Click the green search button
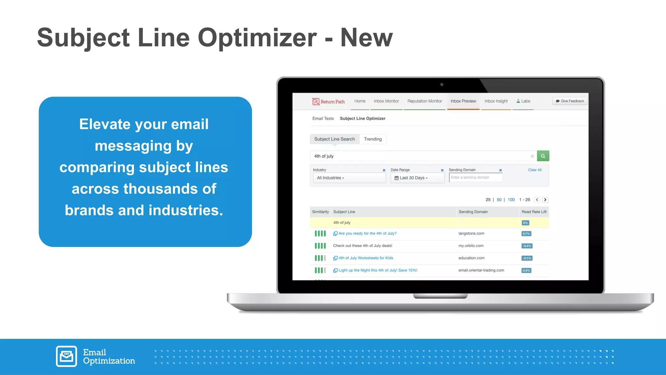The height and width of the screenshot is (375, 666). tap(543, 156)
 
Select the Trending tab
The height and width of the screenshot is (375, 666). tap(373, 139)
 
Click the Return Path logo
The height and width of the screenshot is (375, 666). tap(328, 102)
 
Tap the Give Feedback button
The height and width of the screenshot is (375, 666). tap(570, 101)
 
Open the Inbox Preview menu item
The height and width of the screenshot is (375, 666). tap(463, 101)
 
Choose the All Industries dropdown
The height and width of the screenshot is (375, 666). tap(349, 178)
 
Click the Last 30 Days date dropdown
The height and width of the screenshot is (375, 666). tap(417, 178)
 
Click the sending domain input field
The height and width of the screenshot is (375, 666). tap(475, 177)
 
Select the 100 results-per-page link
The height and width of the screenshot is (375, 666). tap(511, 200)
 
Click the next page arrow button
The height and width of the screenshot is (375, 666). tap(545, 200)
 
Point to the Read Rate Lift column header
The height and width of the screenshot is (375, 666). tap(534, 212)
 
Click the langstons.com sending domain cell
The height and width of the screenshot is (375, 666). tap(471, 233)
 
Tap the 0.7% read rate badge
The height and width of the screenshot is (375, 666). tap(526, 234)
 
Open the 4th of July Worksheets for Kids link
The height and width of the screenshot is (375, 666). tap(366, 258)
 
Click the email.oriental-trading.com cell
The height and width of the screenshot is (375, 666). tap(481, 270)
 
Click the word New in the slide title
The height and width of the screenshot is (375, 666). tap(366, 38)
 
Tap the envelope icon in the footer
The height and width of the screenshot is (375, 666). tap(66, 356)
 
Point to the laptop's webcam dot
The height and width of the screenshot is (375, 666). tap(442, 85)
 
